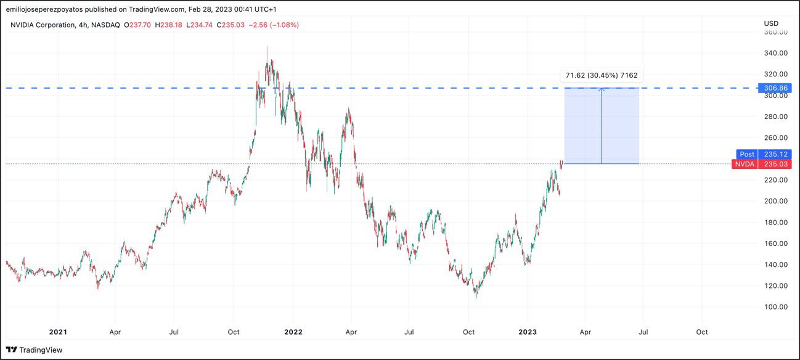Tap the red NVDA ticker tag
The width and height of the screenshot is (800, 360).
click(745, 164)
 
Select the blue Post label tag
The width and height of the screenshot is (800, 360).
click(746, 154)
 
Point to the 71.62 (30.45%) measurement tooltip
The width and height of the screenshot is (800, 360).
click(601, 76)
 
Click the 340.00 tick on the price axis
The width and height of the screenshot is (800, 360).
click(775, 53)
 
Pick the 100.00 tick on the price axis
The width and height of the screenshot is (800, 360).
click(775, 307)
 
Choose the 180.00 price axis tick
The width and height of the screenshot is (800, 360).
click(775, 223)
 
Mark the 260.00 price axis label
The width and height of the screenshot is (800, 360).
click(775, 137)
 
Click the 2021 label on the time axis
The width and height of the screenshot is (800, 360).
click(58, 332)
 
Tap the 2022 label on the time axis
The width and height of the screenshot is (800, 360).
click(293, 332)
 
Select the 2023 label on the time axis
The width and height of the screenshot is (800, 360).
click(528, 332)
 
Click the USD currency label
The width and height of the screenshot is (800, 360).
click(771, 23)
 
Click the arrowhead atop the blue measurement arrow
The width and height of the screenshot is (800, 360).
click(602, 90)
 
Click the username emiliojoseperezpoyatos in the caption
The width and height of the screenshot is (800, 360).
click(48, 9)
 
